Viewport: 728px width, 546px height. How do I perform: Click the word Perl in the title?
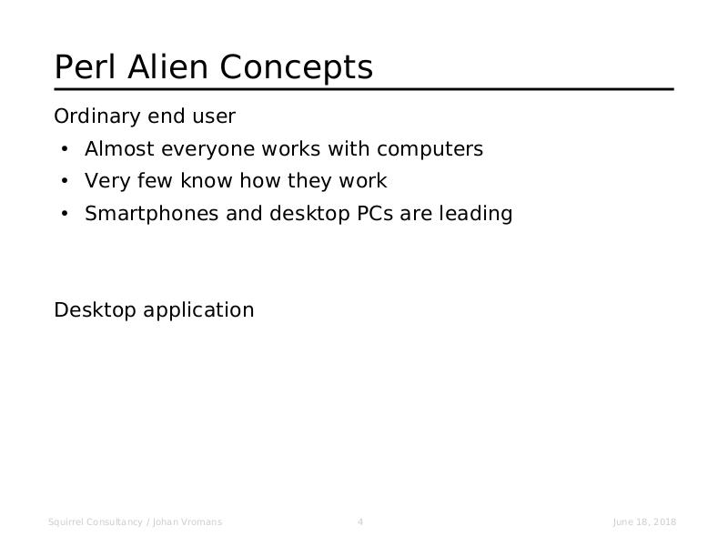click(85, 66)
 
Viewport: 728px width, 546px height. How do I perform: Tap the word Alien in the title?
click(167, 66)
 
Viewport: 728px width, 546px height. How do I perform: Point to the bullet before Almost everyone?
click(65, 149)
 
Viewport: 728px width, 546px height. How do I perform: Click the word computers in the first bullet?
click(430, 149)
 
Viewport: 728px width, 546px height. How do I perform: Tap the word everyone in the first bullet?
click(208, 150)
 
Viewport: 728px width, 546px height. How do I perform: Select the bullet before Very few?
click(65, 181)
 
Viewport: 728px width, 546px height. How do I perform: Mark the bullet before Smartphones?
click(65, 214)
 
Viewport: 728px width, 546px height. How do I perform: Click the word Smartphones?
click(151, 214)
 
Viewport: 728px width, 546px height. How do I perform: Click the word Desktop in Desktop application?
click(96, 310)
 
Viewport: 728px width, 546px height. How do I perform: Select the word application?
click(198, 310)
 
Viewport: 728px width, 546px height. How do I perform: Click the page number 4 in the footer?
click(360, 521)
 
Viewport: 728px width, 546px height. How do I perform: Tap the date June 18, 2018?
click(644, 522)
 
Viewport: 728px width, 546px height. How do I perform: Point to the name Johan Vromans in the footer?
click(187, 521)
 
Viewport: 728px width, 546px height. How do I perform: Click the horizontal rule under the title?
click(364, 89)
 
